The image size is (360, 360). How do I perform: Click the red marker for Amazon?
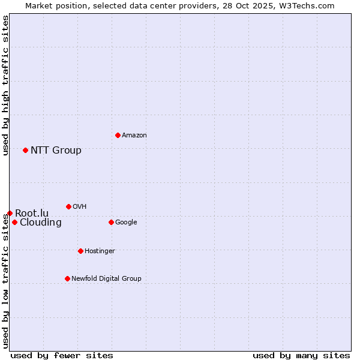pos(118,135)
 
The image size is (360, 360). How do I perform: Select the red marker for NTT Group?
pos(25,150)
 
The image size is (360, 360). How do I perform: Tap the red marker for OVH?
pos(68,206)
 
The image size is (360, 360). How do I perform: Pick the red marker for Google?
pos(111,222)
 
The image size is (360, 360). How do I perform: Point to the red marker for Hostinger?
pos(80,251)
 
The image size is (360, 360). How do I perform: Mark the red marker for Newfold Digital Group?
pos(67,278)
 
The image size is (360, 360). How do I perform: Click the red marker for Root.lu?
pos(10,213)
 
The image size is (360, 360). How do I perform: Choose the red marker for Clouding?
pos(14,222)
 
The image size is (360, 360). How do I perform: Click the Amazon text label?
pos(134,135)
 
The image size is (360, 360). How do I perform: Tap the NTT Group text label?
pos(56,150)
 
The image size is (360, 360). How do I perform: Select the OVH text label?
pos(80,206)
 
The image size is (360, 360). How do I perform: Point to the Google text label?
pos(126,222)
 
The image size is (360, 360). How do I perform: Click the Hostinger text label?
pos(100,251)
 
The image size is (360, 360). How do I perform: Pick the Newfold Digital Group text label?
pos(106,278)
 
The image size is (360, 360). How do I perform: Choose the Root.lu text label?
pos(32,213)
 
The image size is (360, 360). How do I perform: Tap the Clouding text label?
pos(41,223)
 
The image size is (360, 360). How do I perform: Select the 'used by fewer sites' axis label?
pos(62,355)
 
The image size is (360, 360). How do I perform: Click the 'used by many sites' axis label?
pos(301,355)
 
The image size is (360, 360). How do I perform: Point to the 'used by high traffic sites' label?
pos(5,85)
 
